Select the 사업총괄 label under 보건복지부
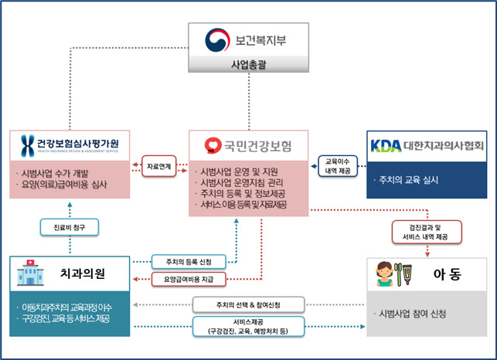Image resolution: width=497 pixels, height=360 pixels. pos(248,65)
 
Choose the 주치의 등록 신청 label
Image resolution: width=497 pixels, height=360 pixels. pos(182,261)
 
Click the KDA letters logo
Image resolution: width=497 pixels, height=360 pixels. pos(386,145)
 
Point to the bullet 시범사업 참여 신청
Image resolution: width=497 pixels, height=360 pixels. pos(413,314)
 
